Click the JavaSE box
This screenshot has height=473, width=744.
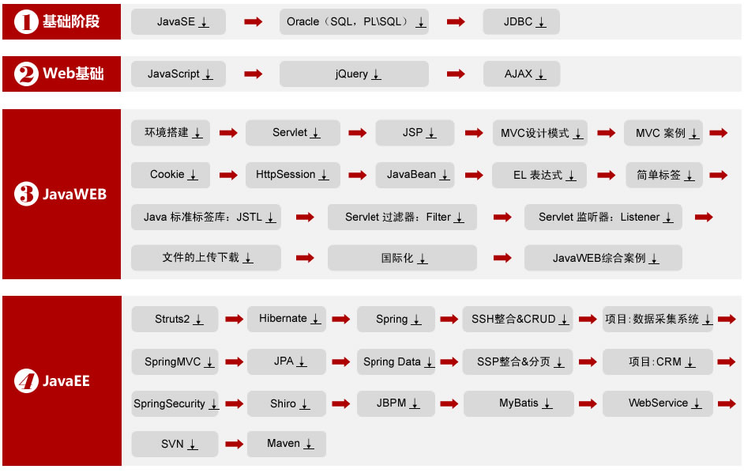point(178,22)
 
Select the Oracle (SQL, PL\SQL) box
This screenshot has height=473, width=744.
point(354,22)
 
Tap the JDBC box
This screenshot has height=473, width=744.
point(521,22)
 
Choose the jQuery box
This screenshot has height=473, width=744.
point(354,74)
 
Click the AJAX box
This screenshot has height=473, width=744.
point(521,74)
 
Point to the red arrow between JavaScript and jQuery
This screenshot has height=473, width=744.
point(253,74)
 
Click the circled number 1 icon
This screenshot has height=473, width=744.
point(26,22)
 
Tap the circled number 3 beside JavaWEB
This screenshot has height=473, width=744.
point(26,194)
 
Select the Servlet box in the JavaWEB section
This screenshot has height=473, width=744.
point(293,133)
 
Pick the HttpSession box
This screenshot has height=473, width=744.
point(293,175)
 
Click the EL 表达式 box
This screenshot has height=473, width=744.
point(539,175)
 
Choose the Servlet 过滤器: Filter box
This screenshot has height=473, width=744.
point(402,217)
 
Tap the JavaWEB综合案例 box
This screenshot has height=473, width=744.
point(603,258)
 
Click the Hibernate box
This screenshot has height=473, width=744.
point(287,319)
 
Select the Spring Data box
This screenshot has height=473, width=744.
point(396,361)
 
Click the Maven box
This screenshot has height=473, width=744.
point(287,444)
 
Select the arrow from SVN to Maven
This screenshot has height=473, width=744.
point(234,444)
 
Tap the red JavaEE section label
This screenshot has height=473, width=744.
point(62,381)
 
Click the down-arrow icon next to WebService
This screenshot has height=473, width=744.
point(697,404)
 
